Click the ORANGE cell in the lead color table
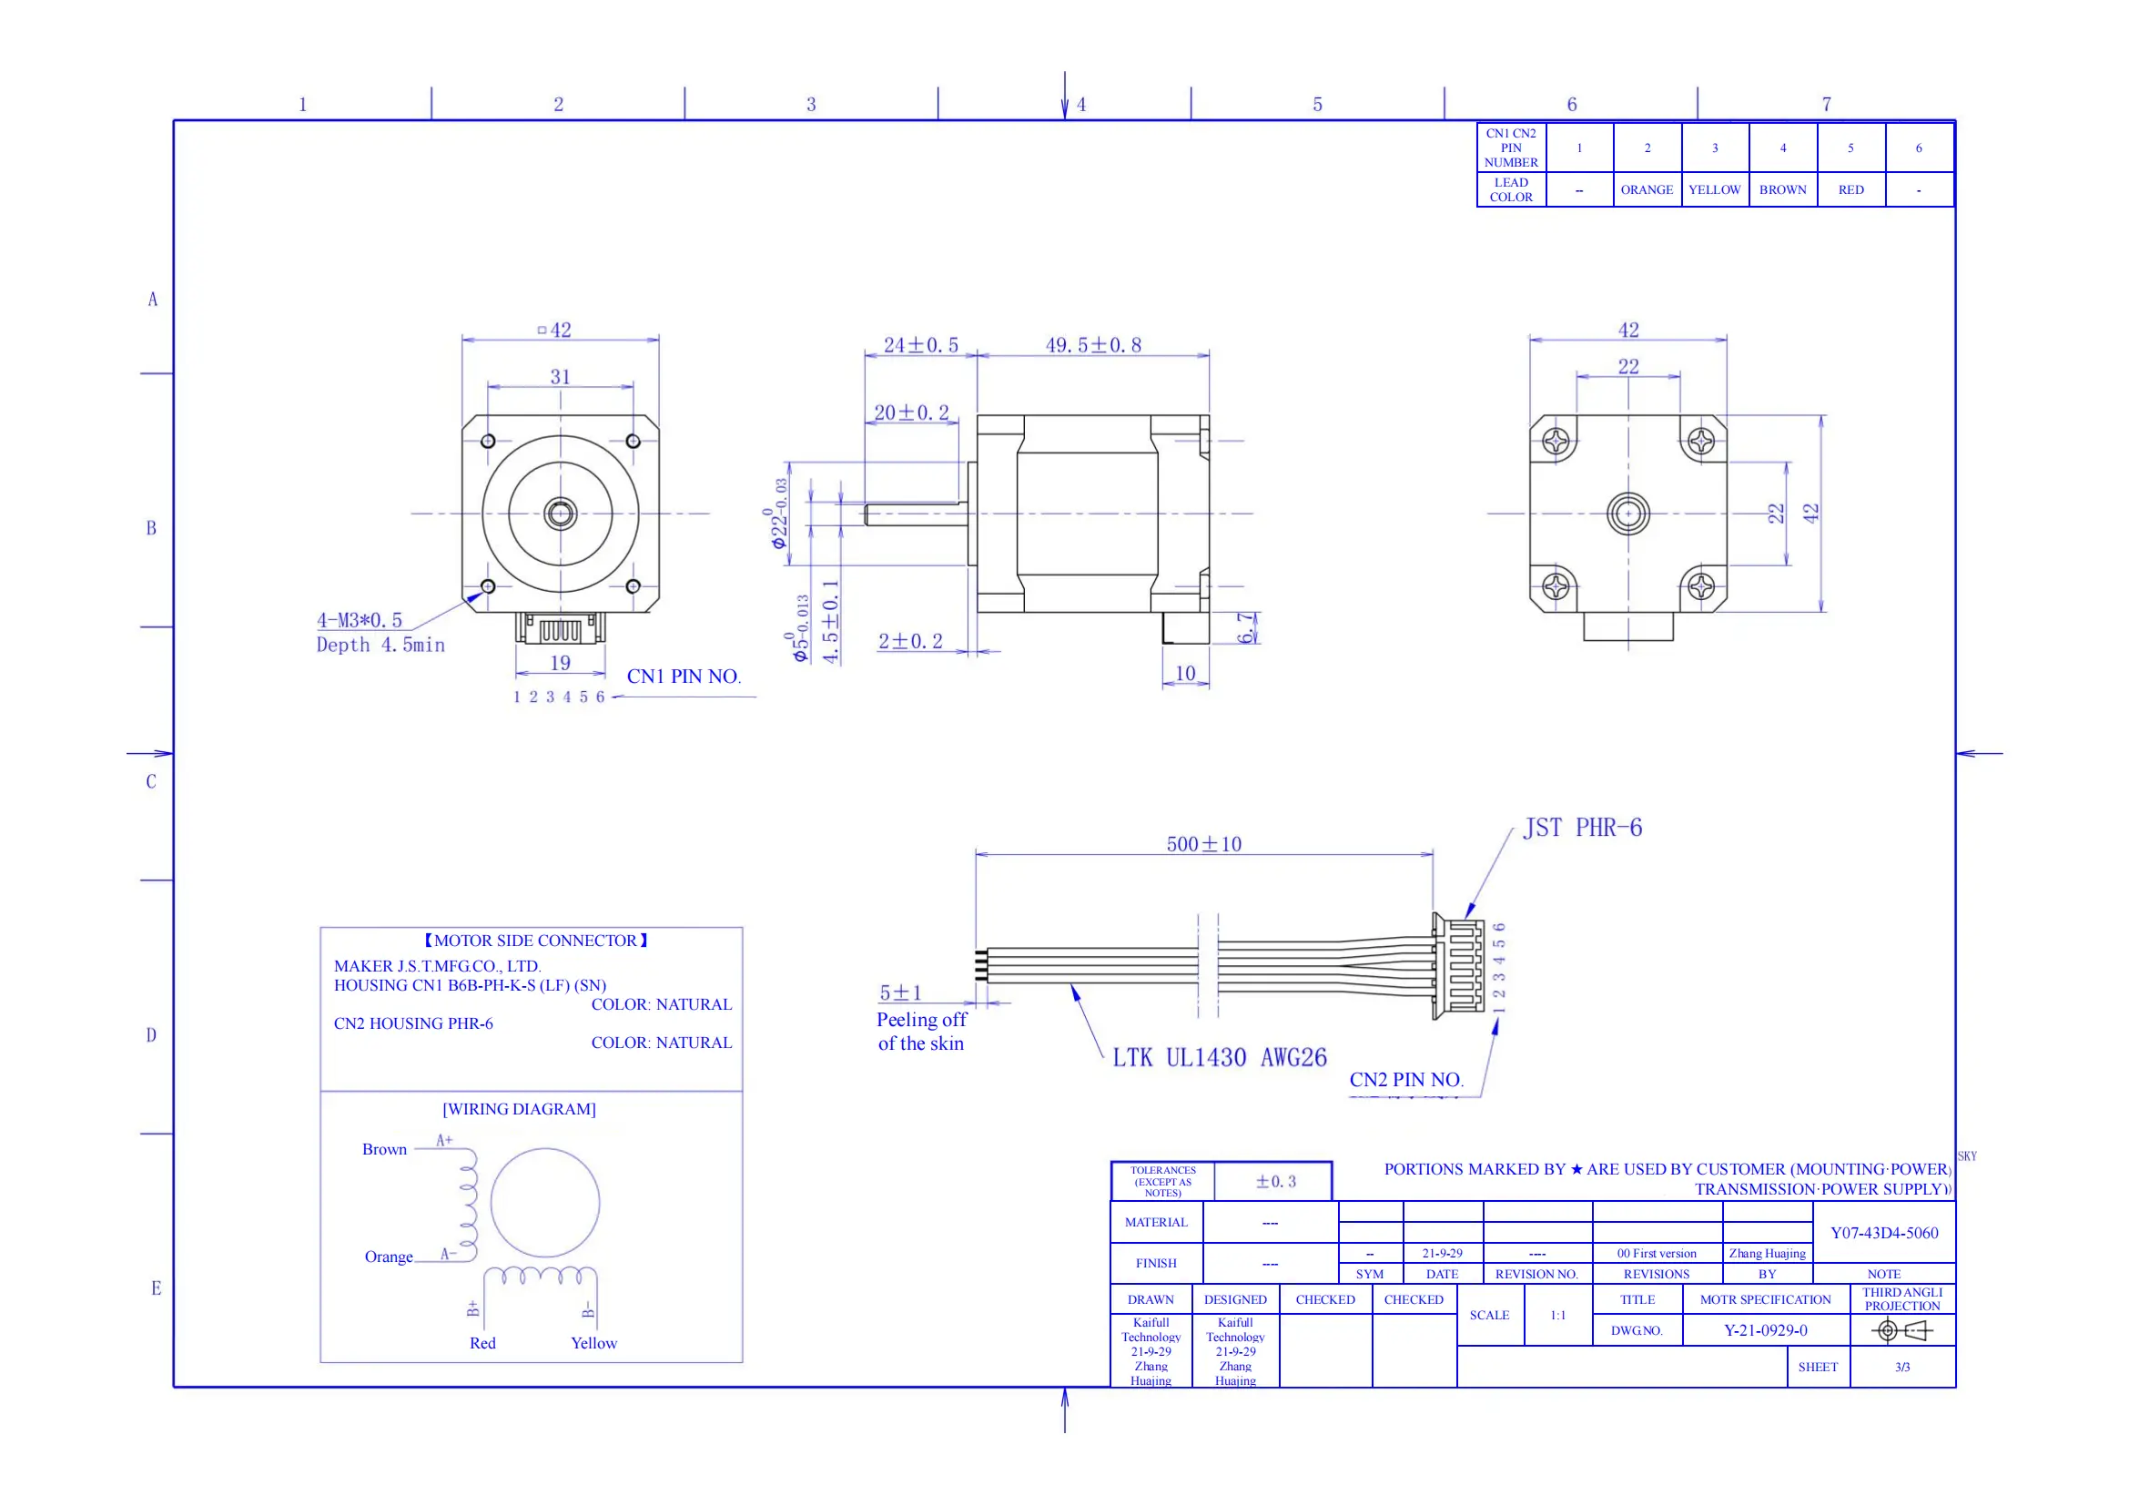coord(1647,190)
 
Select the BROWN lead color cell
coord(1782,190)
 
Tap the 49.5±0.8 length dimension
coord(1093,346)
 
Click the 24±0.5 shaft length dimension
coord(921,346)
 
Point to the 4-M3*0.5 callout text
coord(360,620)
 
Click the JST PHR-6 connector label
coord(1582,828)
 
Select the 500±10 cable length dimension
coord(1203,845)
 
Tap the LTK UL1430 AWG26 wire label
coord(1220,1058)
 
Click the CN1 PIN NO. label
coord(684,677)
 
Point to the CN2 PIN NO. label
coord(1405,1081)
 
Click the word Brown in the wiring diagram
coord(384,1150)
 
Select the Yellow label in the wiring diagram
coord(593,1344)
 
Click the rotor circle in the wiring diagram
coord(545,1203)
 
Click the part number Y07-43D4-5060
coord(1884,1234)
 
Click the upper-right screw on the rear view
coord(1701,441)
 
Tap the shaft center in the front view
coord(560,513)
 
